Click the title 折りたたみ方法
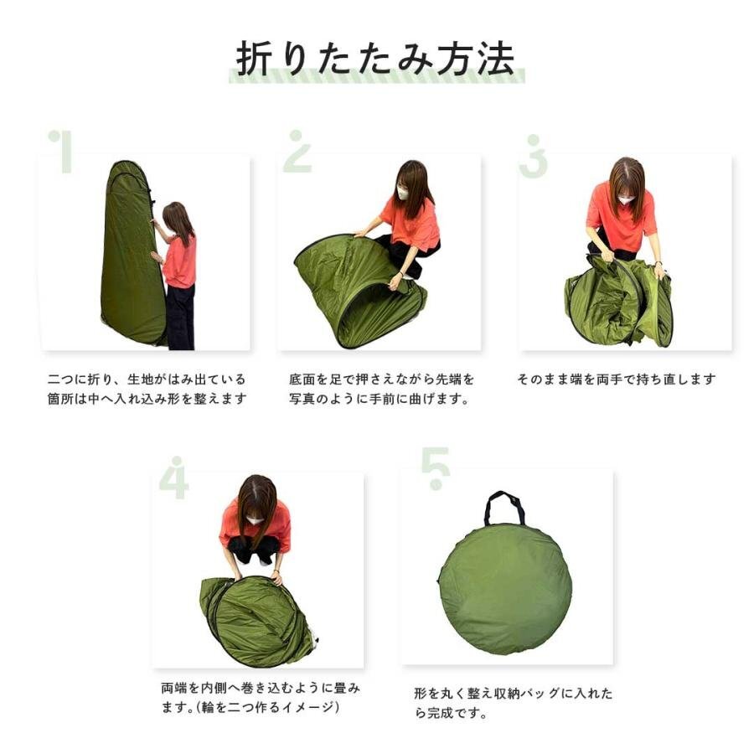pos(375,59)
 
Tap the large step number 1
pos(61,152)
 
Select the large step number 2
pos(297,151)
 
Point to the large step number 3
pos(534,157)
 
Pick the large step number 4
pos(174,478)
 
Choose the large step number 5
pos(436,468)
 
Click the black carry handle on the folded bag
pos(504,508)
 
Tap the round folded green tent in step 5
pos(505,589)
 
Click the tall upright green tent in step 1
pos(131,252)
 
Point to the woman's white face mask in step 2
pos(402,194)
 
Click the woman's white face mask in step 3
pos(625,199)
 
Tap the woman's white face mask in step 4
pos(255,520)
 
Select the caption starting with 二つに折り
pos(147,389)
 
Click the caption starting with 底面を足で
pos(381,389)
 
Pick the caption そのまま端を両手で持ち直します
pos(617,380)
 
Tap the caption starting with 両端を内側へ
pos(261,697)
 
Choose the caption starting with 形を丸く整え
pos(514,703)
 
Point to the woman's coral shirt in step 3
pos(622,217)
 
